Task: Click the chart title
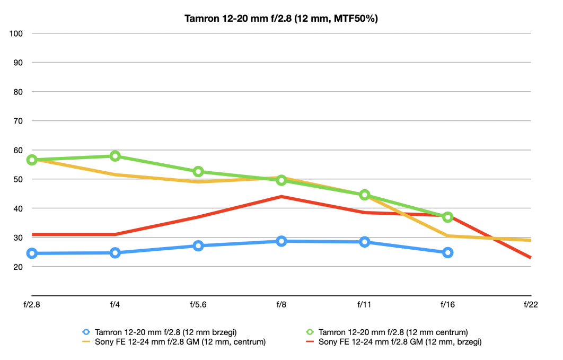[x=281, y=19]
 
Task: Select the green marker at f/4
[x=115, y=156]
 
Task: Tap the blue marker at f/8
[x=281, y=241]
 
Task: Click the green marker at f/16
[x=448, y=217]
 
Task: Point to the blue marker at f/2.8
[x=32, y=253]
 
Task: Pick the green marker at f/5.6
[x=198, y=172]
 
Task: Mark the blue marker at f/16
[x=448, y=253]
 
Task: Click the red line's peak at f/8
[x=281, y=196]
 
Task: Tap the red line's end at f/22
[x=530, y=257]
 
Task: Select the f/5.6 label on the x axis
[x=198, y=305]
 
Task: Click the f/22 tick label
[x=531, y=305]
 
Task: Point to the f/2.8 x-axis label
[x=32, y=305]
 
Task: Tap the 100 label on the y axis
[x=16, y=34]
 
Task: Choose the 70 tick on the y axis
[x=18, y=121]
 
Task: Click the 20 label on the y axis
[x=18, y=267]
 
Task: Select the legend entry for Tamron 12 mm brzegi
[x=160, y=332]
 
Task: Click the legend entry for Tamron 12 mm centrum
[x=386, y=332]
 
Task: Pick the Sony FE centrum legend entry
[x=174, y=341]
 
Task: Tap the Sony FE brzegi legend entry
[x=393, y=341]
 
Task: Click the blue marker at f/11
[x=364, y=242]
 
